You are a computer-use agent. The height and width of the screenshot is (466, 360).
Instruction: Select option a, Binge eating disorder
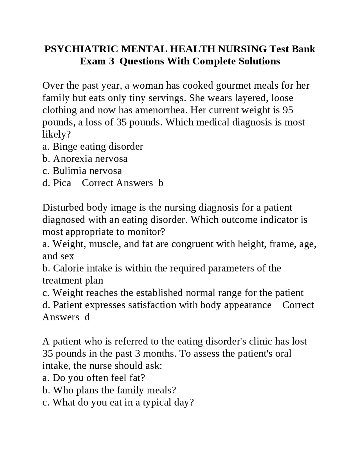point(93,147)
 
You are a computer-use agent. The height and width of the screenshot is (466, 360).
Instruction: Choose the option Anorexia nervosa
point(90,159)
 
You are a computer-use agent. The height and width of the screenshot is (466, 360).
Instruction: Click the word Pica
point(62,183)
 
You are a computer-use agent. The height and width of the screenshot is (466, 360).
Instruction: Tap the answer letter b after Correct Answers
point(161,183)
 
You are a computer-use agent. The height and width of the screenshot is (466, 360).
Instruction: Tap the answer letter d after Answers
point(87,317)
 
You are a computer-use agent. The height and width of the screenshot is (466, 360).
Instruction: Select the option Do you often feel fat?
point(93,378)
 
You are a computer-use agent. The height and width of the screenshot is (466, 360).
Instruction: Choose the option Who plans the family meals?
point(109,390)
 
